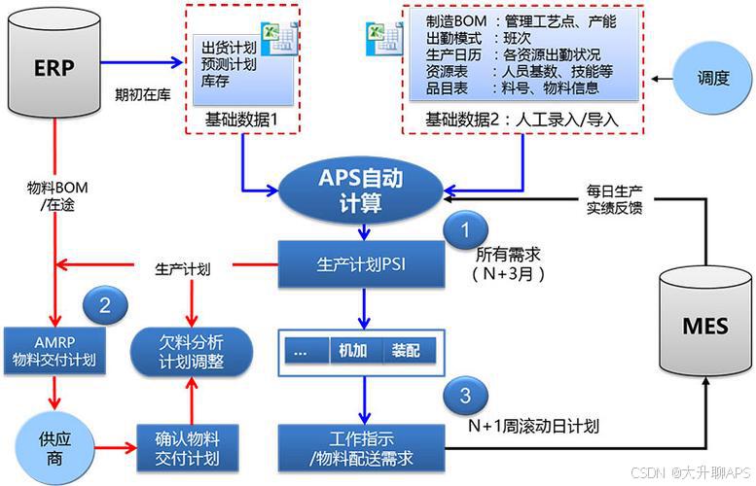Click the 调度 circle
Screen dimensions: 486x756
tap(713, 79)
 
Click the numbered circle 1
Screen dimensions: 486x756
tap(465, 231)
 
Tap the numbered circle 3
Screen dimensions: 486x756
tap(465, 396)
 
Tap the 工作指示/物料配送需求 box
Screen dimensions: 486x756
tap(361, 447)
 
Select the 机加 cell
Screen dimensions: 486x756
tap(352, 351)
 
